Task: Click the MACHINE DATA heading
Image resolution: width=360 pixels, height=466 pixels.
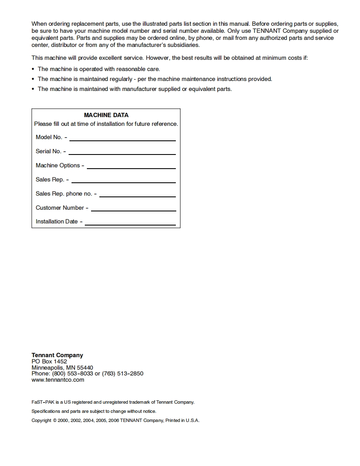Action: click(x=106, y=115)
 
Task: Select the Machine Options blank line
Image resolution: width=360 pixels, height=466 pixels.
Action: click(x=131, y=168)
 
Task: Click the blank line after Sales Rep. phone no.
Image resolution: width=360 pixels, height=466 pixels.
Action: click(x=138, y=196)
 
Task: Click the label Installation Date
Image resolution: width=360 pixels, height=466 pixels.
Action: click(x=57, y=222)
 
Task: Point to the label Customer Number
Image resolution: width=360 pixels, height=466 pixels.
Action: click(x=59, y=208)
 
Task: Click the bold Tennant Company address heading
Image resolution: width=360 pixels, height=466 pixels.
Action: click(x=57, y=355)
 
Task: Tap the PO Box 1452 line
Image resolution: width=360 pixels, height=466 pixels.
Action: click(x=49, y=361)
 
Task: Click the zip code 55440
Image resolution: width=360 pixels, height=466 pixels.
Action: click(x=85, y=368)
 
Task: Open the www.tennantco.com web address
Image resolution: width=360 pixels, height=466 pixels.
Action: click(x=58, y=380)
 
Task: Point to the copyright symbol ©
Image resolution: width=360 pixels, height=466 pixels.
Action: click(x=55, y=420)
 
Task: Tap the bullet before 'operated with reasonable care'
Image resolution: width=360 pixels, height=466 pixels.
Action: click(x=33, y=69)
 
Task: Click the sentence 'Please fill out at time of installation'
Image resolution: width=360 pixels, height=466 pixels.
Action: click(x=106, y=124)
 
